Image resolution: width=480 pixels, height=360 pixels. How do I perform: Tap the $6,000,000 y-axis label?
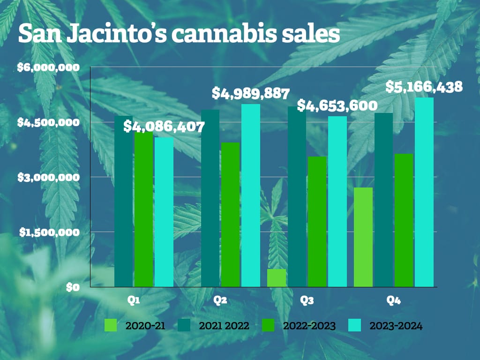pos(48,67)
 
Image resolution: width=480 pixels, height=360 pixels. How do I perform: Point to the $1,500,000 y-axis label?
pos(48,232)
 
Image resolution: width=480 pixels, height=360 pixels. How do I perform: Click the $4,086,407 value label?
pos(164,127)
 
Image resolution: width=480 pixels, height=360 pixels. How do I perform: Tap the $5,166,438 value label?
pos(424,87)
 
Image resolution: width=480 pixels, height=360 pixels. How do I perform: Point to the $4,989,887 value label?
pos(250,93)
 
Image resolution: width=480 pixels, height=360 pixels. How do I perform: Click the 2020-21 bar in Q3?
pos(277,277)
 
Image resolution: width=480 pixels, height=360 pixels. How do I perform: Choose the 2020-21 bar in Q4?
pos(363,237)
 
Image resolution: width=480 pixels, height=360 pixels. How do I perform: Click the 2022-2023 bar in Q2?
pos(230,214)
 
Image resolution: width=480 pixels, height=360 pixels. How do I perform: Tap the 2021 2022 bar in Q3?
pos(297,196)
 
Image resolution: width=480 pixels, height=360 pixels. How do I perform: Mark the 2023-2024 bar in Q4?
pos(424,192)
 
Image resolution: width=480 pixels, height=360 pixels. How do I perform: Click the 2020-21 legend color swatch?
pos(111,325)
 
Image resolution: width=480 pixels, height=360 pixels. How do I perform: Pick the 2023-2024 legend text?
pos(396,326)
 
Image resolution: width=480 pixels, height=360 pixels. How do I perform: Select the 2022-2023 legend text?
pos(308,326)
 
